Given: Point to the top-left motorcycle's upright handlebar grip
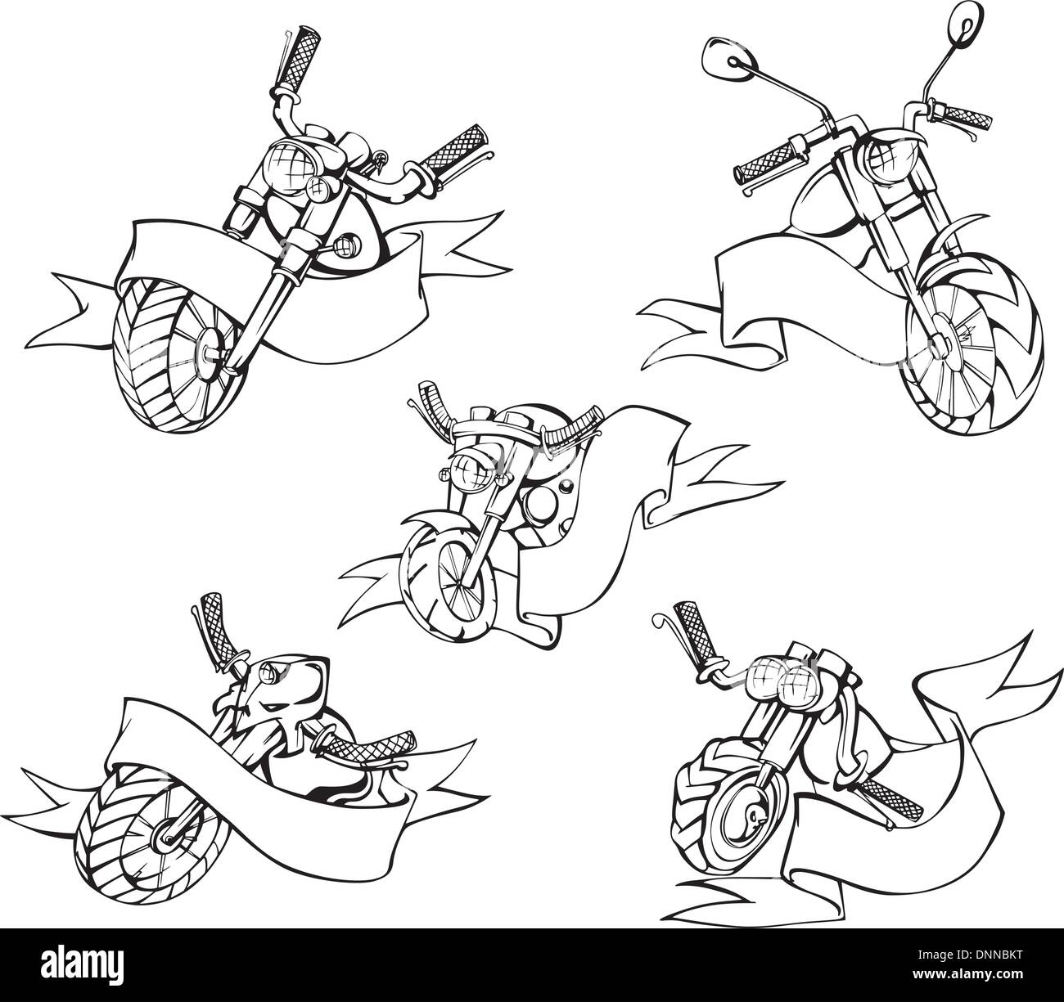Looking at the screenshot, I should click(x=291, y=58).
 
